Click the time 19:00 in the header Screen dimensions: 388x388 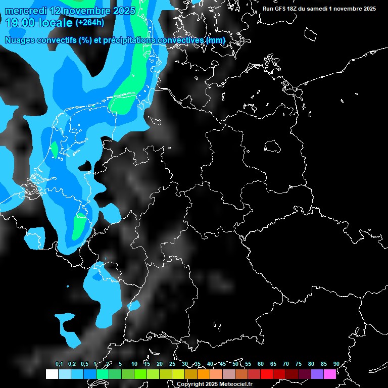[19, 23]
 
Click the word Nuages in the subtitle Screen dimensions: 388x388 [19, 40]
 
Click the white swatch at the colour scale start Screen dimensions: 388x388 [52, 374]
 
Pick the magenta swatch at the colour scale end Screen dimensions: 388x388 [329, 374]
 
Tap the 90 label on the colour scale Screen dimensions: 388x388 [336, 364]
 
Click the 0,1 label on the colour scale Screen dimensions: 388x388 [59, 364]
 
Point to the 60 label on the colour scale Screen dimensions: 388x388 [260, 364]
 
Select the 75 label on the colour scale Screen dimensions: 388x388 [298, 364]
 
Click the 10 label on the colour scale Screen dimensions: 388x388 [134, 364]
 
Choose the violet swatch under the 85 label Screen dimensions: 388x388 [317, 374]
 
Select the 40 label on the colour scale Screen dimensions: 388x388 [210, 364]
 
